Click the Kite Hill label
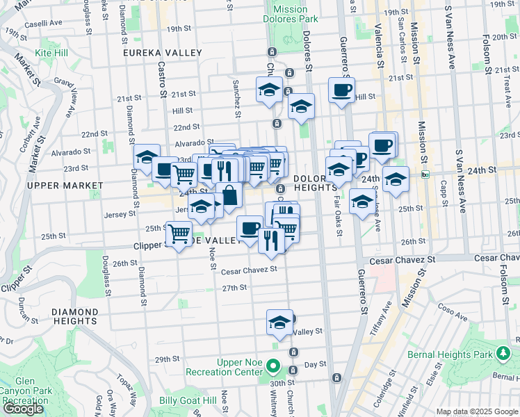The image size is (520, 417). (x=54, y=52)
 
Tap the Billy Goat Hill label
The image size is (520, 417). (x=188, y=400)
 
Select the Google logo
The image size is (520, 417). (x=23, y=408)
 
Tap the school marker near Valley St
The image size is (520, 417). (x=279, y=322)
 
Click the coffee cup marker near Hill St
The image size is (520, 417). (x=341, y=90)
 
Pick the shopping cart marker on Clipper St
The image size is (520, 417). (x=179, y=233)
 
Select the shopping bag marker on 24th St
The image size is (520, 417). (x=229, y=196)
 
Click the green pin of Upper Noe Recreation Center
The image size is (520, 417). (x=273, y=366)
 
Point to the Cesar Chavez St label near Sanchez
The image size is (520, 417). (x=249, y=270)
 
